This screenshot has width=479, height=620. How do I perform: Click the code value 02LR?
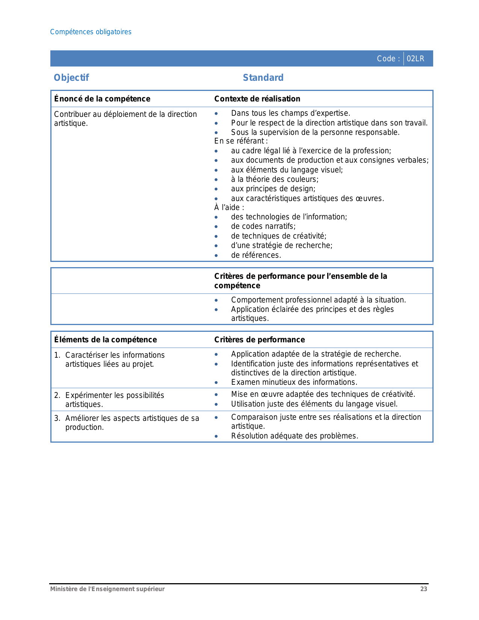click(x=415, y=59)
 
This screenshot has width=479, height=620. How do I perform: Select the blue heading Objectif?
click(x=71, y=78)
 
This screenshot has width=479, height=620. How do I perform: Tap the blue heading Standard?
click(x=263, y=78)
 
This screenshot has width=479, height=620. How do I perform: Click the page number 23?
click(x=423, y=589)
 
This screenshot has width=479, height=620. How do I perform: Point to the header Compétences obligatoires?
click(x=91, y=32)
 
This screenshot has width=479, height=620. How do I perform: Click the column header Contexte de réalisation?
click(x=257, y=99)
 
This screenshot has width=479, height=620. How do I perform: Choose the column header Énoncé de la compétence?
click(x=102, y=99)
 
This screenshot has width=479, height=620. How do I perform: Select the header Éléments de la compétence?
click(x=105, y=340)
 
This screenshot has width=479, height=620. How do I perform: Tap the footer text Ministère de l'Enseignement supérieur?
click(x=107, y=589)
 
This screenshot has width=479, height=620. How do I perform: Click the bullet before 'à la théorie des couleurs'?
click(x=216, y=180)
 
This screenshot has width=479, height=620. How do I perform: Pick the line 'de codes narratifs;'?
click(x=263, y=226)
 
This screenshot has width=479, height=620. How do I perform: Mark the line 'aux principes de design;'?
click(x=273, y=189)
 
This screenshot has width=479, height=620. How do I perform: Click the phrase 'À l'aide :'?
click(x=229, y=207)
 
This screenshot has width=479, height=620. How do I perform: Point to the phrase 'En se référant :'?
click(x=241, y=141)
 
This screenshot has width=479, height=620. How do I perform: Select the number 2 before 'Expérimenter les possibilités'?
click(x=56, y=395)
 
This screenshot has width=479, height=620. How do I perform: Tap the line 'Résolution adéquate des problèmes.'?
click(x=295, y=436)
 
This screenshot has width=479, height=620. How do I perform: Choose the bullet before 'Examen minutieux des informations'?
click(x=216, y=383)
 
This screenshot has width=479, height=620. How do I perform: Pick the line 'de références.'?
click(x=256, y=255)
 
